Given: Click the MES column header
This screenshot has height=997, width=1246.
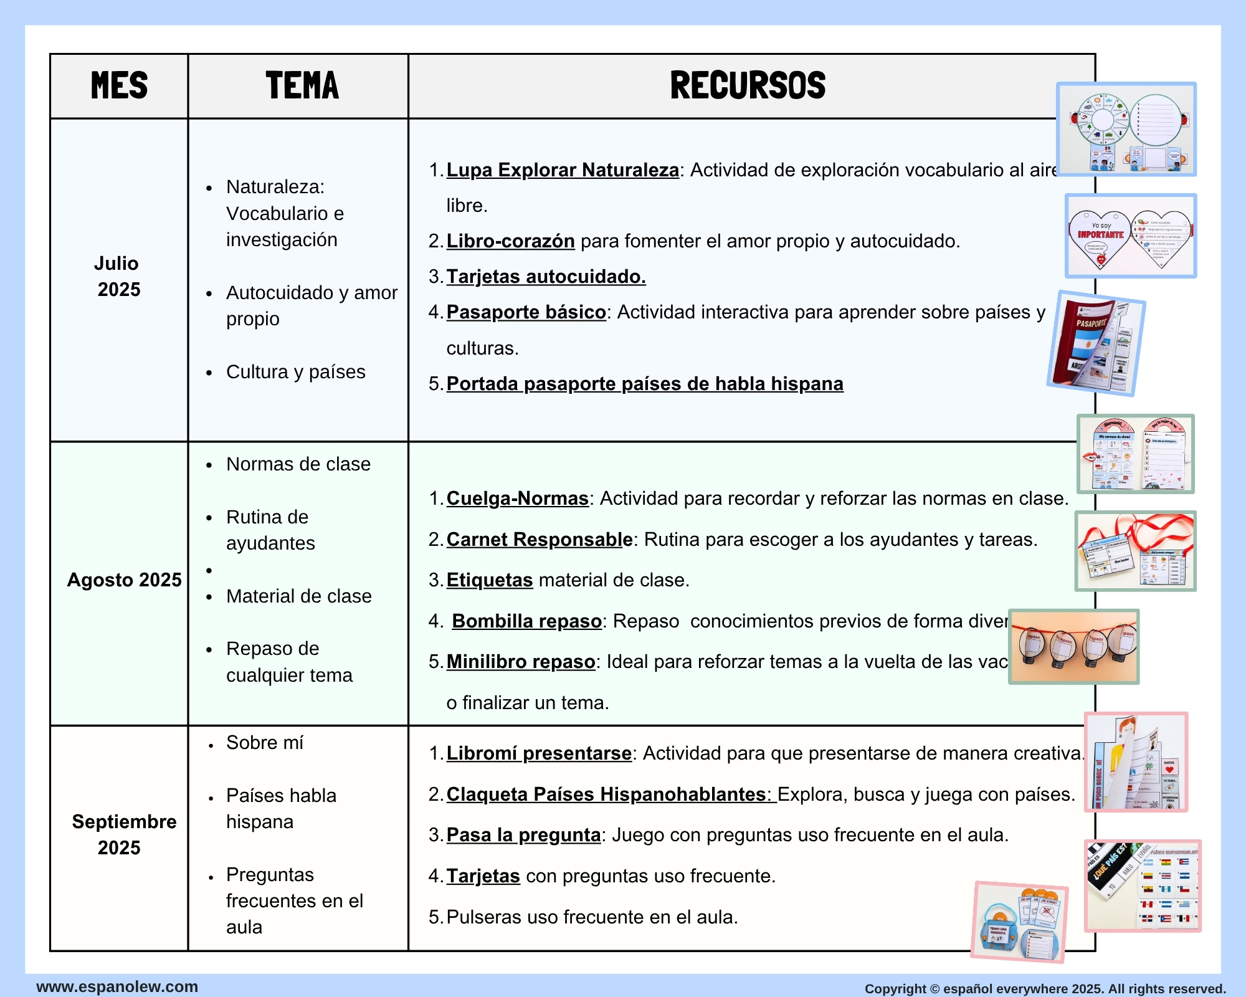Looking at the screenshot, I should click(x=119, y=85).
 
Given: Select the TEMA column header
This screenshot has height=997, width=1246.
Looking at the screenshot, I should click(x=302, y=85).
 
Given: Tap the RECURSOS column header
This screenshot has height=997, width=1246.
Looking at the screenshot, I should click(x=747, y=85).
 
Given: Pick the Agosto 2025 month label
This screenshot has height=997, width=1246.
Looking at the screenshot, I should click(x=124, y=580).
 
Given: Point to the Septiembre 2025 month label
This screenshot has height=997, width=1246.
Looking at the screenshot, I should click(x=123, y=834).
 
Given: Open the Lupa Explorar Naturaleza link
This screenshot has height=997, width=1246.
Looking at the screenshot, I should click(x=563, y=170).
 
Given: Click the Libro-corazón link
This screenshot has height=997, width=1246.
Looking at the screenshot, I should click(x=510, y=241).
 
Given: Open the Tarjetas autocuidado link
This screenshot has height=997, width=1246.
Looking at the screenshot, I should click(x=546, y=277).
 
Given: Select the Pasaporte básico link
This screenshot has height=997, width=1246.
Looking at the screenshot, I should click(x=526, y=312).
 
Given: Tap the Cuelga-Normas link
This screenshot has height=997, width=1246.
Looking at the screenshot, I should click(x=517, y=499).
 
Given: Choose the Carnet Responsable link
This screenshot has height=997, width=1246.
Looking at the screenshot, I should click(x=540, y=540).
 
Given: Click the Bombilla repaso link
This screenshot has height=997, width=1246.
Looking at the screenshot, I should click(x=526, y=621).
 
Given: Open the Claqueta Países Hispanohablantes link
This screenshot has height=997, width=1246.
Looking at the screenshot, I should click(x=611, y=794).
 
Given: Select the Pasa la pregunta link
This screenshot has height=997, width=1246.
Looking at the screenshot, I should click(x=523, y=835).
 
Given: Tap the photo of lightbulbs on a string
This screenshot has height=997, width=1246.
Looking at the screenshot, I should click(x=1073, y=647).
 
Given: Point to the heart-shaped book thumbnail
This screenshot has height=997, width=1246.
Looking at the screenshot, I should click(x=1130, y=236).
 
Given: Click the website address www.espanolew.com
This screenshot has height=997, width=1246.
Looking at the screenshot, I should click(x=117, y=986).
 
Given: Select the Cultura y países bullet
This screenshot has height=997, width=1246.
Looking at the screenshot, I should click(x=295, y=372).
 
